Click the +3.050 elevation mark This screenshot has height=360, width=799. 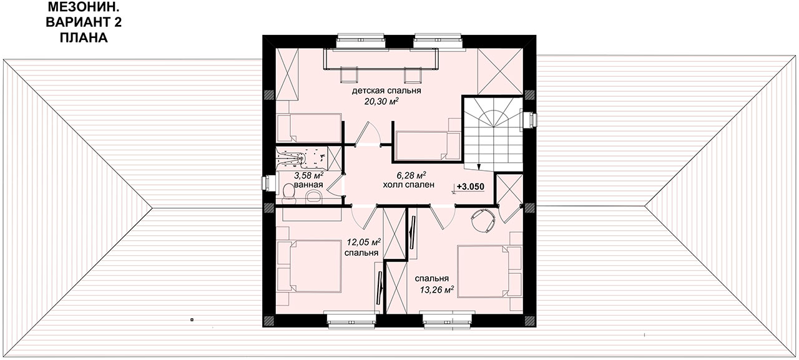click(x=470, y=187)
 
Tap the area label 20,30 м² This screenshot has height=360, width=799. click(x=381, y=102)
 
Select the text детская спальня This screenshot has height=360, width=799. click(x=386, y=90)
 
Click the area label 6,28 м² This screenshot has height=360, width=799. click(x=411, y=175)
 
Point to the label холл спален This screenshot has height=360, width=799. click(x=408, y=185)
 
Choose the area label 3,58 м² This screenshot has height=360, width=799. click(x=308, y=175)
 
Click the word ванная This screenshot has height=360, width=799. click(x=308, y=185)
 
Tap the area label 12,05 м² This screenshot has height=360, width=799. click(x=364, y=242)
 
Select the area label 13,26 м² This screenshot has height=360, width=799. click(x=436, y=289)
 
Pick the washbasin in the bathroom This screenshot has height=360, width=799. click(x=314, y=196)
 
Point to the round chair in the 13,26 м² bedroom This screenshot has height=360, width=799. click(x=483, y=220)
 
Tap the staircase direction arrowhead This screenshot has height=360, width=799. click(x=479, y=167)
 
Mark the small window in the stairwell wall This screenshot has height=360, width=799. click(x=530, y=120)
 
